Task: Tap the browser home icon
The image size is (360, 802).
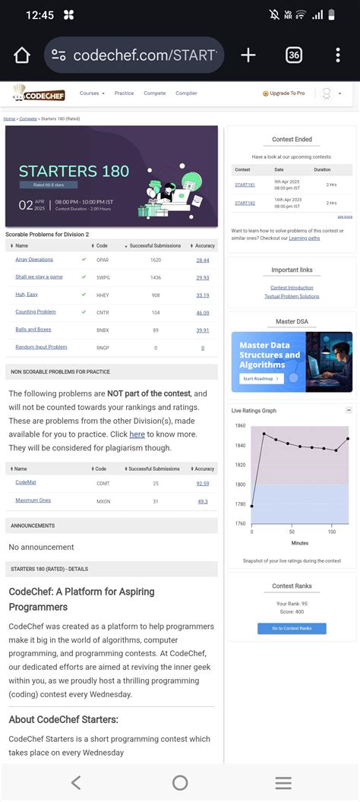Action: click(21, 55)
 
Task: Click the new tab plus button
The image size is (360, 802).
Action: click(248, 55)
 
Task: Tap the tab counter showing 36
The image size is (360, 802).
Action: click(294, 55)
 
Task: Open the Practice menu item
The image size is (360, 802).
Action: click(124, 93)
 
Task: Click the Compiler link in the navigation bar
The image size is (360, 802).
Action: click(186, 93)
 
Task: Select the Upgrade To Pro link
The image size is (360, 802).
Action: click(284, 93)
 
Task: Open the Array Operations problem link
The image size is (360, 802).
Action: click(34, 260)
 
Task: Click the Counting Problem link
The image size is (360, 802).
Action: click(36, 312)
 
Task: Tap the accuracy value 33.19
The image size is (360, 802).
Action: click(203, 295)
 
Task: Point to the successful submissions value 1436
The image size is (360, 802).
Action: click(155, 277)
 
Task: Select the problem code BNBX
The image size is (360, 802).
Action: click(103, 330)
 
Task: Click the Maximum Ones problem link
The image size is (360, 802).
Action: click(33, 501)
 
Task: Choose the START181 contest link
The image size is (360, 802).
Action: click(245, 185)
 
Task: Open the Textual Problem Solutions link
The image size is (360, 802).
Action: click(292, 296)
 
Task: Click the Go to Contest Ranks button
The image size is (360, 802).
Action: click(292, 628)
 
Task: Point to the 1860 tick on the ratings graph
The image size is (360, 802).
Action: click(240, 425)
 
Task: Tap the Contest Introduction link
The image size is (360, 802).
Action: click(292, 288)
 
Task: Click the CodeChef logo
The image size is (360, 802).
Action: click(39, 94)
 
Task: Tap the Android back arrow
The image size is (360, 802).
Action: click(75, 783)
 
